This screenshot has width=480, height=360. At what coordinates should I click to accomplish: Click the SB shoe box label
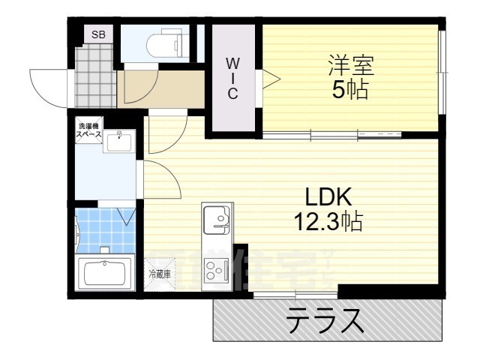(98, 34)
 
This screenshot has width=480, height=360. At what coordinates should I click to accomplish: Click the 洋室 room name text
(350, 64)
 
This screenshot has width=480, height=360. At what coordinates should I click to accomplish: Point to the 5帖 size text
(350, 91)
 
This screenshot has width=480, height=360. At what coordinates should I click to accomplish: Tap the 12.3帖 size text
(328, 221)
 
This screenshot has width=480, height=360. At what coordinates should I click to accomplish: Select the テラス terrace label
(324, 321)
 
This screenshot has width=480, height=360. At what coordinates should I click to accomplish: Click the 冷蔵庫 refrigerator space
(159, 274)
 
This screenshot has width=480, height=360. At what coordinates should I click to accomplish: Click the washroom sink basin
(118, 141)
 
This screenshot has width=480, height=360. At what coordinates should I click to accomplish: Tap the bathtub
(106, 273)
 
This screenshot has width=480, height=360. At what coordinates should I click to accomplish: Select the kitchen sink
(218, 218)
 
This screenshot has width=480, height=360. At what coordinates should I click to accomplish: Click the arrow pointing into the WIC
(268, 76)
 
